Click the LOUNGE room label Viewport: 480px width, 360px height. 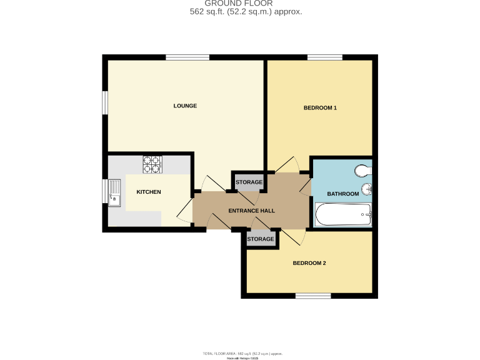(185, 106)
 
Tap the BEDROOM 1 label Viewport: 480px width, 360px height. (320, 108)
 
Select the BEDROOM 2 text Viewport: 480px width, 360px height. (309, 263)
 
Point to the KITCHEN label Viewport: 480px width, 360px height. (149, 192)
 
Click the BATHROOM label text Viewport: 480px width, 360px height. (343, 194)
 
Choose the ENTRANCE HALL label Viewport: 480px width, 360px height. (251, 211)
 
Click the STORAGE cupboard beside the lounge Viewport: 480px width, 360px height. (249, 182)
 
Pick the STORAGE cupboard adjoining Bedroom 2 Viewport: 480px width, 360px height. (260, 239)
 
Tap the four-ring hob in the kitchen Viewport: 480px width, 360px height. (152, 164)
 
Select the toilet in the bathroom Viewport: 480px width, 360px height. (363, 171)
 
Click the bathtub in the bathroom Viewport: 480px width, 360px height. (344, 216)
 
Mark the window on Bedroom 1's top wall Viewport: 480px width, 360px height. (324, 58)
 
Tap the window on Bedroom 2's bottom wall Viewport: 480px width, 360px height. (312, 296)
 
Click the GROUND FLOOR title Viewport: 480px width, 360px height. (239, 3)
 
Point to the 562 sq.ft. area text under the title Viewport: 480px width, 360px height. (246, 11)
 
